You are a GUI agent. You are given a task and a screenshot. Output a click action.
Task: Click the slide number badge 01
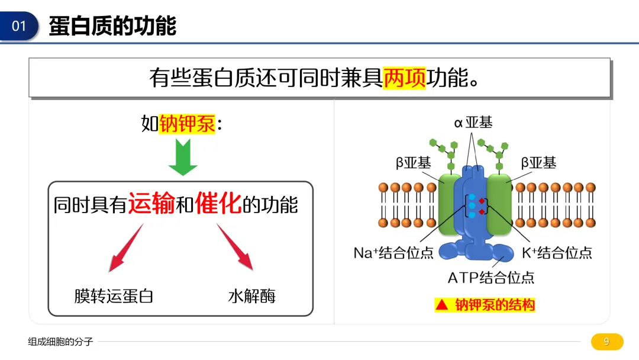point(19,26)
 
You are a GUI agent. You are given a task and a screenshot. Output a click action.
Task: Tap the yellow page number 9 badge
point(607,342)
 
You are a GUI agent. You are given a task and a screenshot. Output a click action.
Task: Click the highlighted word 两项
point(404,78)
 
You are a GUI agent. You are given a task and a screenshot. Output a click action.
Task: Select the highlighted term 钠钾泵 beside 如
point(187,124)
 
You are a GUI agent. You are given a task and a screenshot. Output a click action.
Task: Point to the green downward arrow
point(183,157)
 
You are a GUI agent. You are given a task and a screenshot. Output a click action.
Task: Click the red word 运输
point(151,204)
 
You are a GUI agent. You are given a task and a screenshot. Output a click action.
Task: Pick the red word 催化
point(218,203)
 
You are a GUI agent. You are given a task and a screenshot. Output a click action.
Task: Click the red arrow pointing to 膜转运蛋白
point(126,247)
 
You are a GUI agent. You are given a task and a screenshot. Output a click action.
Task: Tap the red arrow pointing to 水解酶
point(235,247)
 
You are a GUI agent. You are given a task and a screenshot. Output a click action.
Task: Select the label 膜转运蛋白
point(114,296)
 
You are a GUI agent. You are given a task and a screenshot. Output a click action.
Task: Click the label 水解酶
point(252,296)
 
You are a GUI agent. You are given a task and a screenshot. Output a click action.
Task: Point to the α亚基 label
point(473,123)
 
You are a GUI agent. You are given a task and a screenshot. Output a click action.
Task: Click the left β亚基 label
point(413,163)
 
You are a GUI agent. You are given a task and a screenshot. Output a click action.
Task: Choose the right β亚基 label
point(538,163)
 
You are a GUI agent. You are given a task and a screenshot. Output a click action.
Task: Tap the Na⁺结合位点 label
point(393,253)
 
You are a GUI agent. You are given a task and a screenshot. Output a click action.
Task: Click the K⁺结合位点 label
point(557,253)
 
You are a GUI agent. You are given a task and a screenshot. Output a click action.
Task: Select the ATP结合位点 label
point(490,278)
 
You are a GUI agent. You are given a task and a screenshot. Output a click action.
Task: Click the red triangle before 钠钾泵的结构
point(442,305)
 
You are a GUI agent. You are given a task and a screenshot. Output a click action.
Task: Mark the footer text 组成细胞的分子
point(61,342)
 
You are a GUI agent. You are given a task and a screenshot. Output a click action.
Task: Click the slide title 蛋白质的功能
point(112,25)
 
